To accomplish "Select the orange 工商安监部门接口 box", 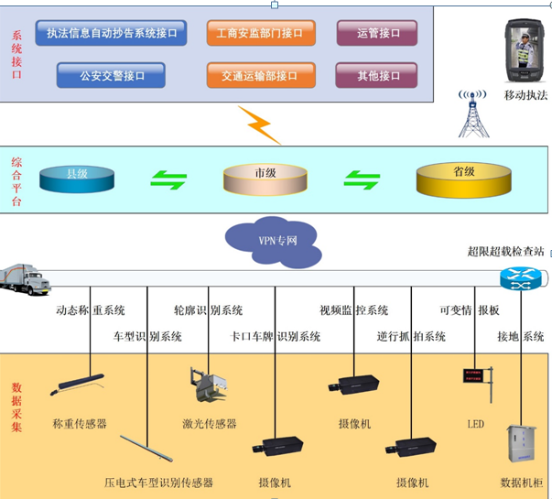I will [260, 34].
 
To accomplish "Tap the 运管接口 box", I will [378, 34].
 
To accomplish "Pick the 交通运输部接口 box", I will [260, 76].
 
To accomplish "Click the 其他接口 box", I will [378, 76].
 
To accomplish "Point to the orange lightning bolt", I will [259, 125].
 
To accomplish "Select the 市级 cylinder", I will [265, 178].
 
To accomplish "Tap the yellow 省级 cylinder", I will [463, 178].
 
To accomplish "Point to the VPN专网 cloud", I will [274, 240].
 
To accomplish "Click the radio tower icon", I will [473, 112].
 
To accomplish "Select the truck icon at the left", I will [26, 279].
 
